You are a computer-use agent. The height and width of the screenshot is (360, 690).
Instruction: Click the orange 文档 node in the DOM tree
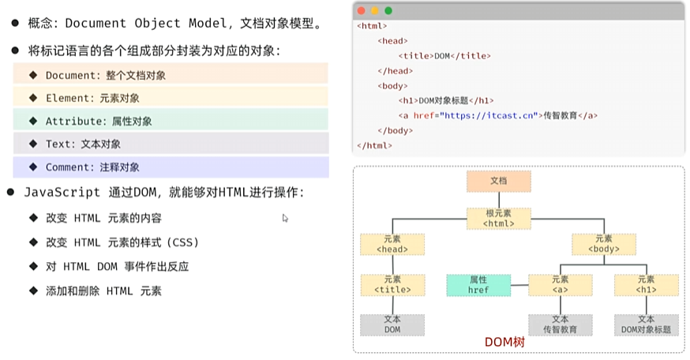click(498, 181)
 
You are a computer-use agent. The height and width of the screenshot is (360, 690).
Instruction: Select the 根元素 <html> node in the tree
click(498, 218)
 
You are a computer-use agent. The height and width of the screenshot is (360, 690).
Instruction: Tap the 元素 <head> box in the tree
click(392, 244)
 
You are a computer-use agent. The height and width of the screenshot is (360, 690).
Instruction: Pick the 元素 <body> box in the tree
click(603, 244)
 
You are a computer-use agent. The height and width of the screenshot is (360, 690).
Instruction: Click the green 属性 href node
click(478, 285)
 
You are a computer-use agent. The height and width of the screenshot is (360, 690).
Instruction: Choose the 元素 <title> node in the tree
click(392, 285)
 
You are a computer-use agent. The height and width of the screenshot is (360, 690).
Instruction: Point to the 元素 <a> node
click(560, 285)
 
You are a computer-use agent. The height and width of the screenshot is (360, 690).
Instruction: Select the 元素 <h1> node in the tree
click(646, 285)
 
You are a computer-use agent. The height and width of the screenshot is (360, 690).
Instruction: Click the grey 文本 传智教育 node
click(560, 324)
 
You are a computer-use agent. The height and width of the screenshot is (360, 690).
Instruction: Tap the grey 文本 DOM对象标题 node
click(646, 324)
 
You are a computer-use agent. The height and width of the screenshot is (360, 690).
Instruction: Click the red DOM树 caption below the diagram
click(504, 343)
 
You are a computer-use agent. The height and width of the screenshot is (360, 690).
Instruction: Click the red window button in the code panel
click(361, 11)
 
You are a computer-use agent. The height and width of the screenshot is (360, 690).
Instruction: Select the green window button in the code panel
click(388, 11)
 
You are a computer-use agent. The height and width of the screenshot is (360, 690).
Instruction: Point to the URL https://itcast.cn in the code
click(489, 115)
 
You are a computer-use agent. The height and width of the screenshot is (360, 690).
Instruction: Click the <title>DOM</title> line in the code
click(444, 56)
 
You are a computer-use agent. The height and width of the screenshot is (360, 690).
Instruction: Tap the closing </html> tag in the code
click(374, 145)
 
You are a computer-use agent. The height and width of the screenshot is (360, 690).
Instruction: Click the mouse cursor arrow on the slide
click(285, 218)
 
